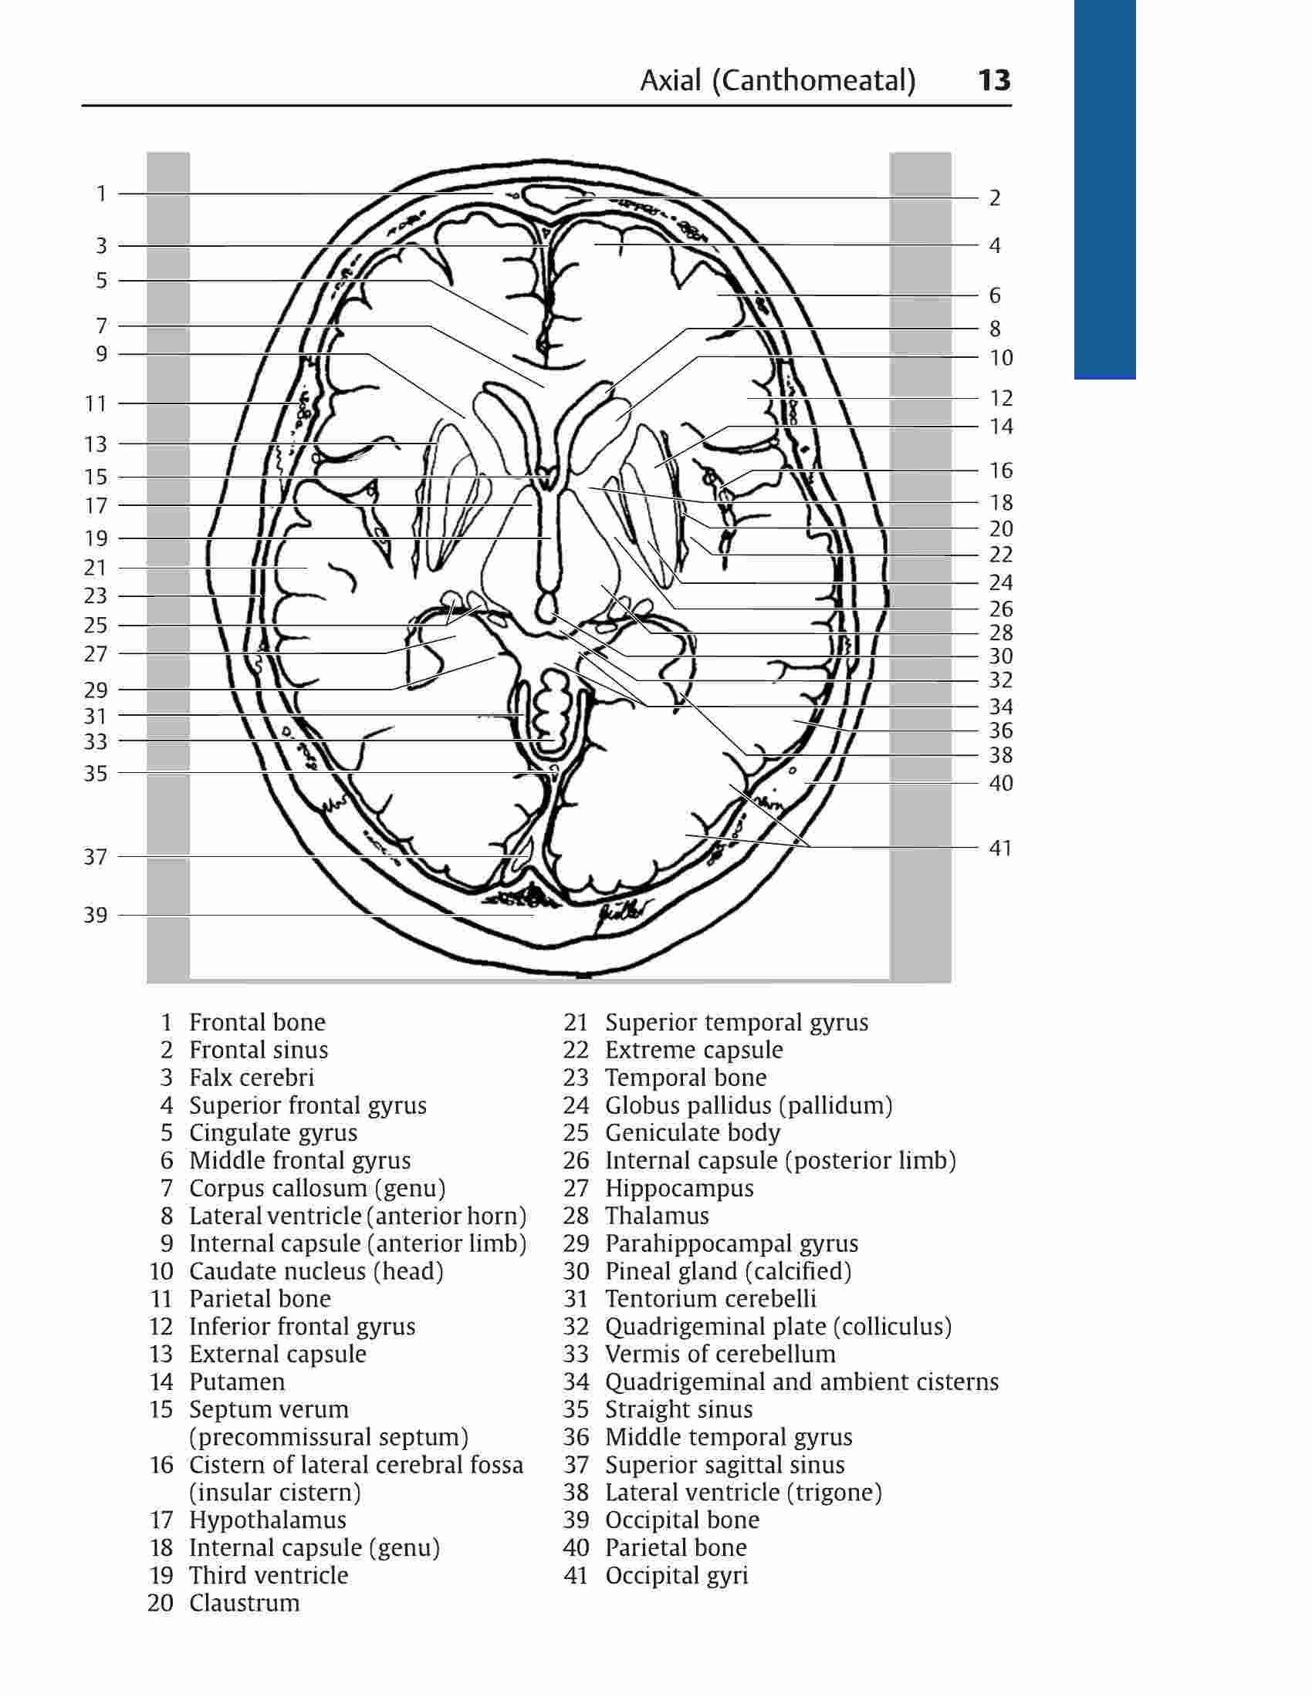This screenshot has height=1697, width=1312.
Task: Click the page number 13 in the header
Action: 993,80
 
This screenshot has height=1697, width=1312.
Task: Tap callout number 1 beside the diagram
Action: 101,194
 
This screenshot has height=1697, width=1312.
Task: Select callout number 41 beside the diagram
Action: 1000,848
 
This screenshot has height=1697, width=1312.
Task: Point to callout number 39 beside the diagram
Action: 96,915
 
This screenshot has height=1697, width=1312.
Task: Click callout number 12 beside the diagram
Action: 1001,398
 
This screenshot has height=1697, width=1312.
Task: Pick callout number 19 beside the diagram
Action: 96,538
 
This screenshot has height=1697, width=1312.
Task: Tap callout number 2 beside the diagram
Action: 995,198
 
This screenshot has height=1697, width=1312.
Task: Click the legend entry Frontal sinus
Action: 259,1050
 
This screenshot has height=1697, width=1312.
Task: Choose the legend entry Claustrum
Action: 244,1602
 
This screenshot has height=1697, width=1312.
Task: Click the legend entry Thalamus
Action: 657,1215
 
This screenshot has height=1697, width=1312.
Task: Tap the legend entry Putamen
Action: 237,1382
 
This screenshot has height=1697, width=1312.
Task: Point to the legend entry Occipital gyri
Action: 676,1575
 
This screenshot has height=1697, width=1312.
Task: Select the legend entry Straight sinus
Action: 678,1409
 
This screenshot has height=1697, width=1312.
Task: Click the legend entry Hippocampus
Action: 679,1188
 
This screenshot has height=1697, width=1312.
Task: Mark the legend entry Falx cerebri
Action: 252,1077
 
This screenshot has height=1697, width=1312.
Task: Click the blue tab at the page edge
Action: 1104,189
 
